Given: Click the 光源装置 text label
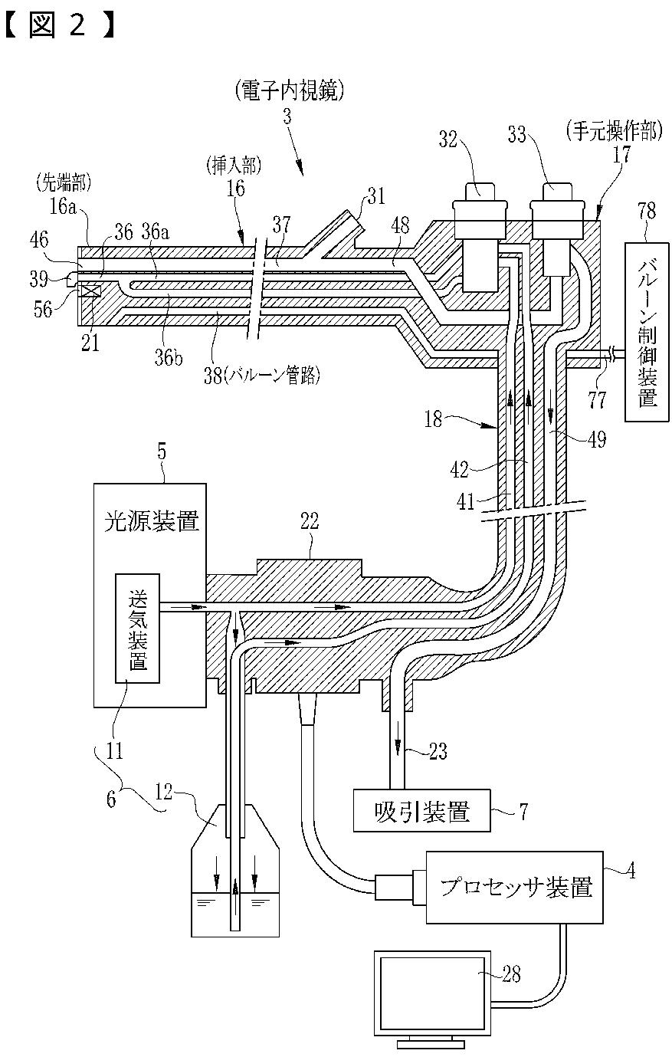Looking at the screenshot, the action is pyautogui.click(x=152, y=521).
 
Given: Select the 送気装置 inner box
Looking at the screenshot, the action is pyautogui.click(x=138, y=629).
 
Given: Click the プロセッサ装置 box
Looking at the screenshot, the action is pyautogui.click(x=514, y=888).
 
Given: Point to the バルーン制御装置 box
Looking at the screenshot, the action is pyautogui.click(x=647, y=332).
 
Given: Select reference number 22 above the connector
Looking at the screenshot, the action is pyautogui.click(x=310, y=521).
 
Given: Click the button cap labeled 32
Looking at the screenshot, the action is pyautogui.click(x=480, y=191).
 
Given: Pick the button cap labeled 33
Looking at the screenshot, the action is pyautogui.click(x=557, y=191).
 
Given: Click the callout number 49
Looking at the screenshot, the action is pyautogui.click(x=597, y=439).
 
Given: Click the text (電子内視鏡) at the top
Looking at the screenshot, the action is pyautogui.click(x=290, y=90).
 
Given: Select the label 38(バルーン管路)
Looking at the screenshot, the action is pyautogui.click(x=262, y=376).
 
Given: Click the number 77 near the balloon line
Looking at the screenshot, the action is pyautogui.click(x=597, y=399).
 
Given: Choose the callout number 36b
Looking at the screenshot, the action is pyautogui.click(x=169, y=358).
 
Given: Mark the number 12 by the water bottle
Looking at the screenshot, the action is pyautogui.click(x=165, y=793).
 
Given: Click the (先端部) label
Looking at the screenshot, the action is pyautogui.click(x=63, y=183).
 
